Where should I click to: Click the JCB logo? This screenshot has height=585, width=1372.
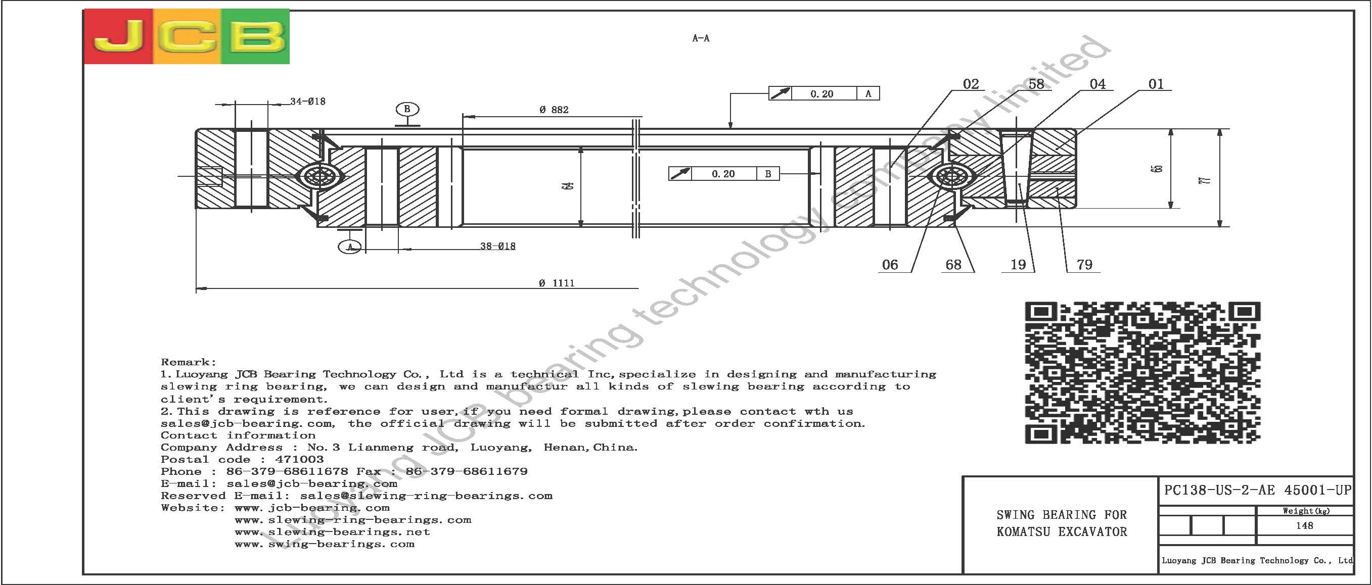(x=187, y=36)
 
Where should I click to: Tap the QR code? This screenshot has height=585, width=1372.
(x=1142, y=372)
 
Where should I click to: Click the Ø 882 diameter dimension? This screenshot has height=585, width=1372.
(x=554, y=110)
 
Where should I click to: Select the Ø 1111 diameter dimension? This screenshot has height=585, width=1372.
(x=557, y=283)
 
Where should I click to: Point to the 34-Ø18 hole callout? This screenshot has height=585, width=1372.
(x=307, y=101)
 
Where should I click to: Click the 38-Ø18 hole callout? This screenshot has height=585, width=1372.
(x=497, y=246)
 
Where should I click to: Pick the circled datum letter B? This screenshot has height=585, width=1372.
(x=407, y=109)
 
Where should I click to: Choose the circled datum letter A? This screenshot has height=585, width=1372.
(x=350, y=247)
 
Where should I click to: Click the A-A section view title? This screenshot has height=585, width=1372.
(x=700, y=38)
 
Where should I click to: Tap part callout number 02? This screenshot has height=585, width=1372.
(x=971, y=84)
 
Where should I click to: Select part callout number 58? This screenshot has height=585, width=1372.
(x=1036, y=84)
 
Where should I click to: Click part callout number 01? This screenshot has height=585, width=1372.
(x=1156, y=84)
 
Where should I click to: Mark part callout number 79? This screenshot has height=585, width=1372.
(x=1084, y=265)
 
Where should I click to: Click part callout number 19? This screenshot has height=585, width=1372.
(x=1018, y=265)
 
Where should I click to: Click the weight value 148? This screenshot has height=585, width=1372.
(x=1304, y=526)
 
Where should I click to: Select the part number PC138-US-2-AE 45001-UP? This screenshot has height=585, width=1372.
(x=1257, y=490)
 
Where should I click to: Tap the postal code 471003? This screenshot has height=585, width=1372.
(x=299, y=459)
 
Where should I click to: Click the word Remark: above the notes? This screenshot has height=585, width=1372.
(x=189, y=363)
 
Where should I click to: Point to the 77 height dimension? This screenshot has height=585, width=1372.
(x=1207, y=180)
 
